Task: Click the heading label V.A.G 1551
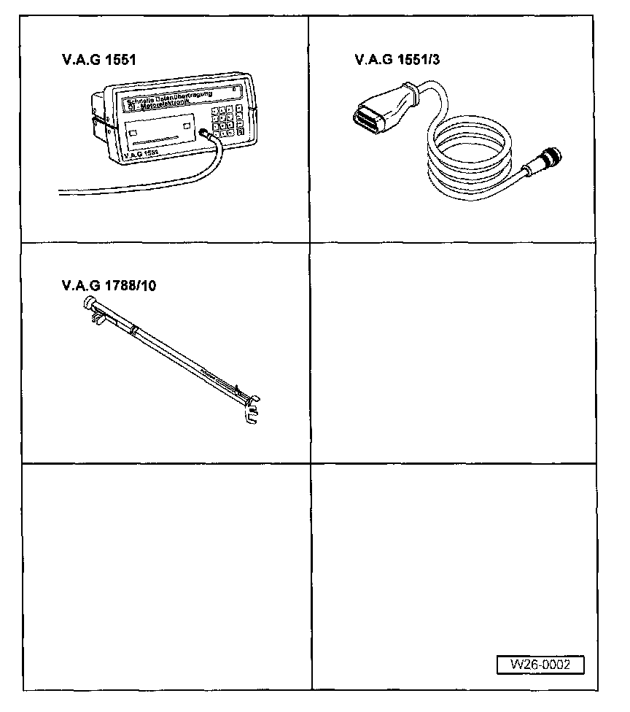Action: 99,61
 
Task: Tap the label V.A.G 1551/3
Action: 397,61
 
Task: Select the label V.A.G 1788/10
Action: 109,285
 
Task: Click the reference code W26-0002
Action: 540,665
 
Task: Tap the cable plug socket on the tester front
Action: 206,135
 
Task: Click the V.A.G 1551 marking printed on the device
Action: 140,154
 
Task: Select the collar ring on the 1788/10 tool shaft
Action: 134,330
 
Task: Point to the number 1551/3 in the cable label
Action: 418,61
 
